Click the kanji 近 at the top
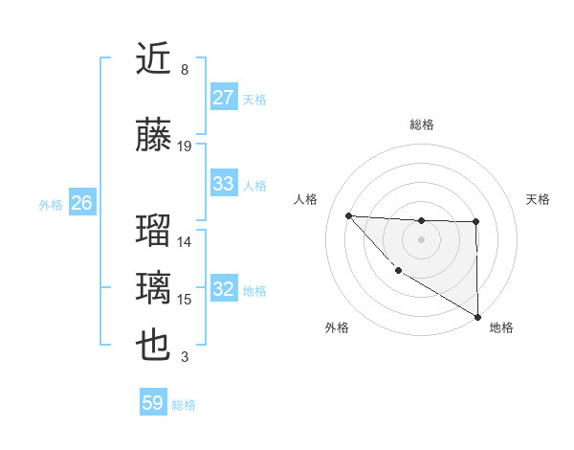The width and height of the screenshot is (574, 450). pyautogui.click(x=154, y=59)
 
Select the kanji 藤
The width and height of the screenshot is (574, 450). pyautogui.click(x=154, y=135)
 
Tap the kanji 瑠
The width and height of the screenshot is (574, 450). pyautogui.click(x=154, y=231)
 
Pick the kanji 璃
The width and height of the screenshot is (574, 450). pyautogui.click(x=154, y=288)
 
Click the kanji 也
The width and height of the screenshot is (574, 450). pyautogui.click(x=154, y=346)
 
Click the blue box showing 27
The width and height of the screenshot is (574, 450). pyautogui.click(x=224, y=99)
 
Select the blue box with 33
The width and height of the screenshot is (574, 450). pyautogui.click(x=224, y=184)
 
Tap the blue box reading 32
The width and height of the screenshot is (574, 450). pyautogui.click(x=224, y=290)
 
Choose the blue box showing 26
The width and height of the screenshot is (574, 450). pyautogui.click(x=81, y=203)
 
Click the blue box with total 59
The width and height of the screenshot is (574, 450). pyautogui.click(x=153, y=403)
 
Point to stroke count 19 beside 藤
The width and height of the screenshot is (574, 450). pyautogui.click(x=185, y=146)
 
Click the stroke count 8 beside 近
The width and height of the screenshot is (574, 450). pyautogui.click(x=185, y=70)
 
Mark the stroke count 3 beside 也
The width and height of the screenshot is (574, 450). pyautogui.click(x=185, y=357)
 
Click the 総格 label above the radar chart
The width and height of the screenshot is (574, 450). pyautogui.click(x=422, y=124)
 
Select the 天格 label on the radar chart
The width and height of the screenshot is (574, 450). pyautogui.click(x=539, y=199)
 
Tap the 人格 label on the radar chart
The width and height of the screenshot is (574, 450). pyautogui.click(x=305, y=199)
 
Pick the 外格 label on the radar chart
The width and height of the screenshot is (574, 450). pyautogui.click(x=337, y=327)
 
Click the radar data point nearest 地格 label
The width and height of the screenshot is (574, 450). pyautogui.click(x=477, y=317)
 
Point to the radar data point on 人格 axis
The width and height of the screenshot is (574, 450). pyautogui.click(x=348, y=215)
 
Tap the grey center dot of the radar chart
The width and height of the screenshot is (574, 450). pyautogui.click(x=421, y=239)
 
